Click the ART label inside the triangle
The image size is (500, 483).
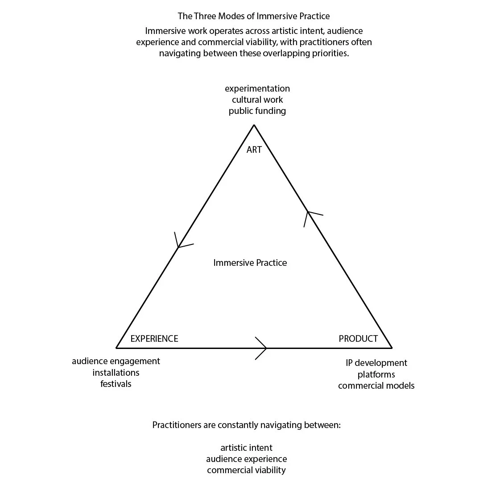(254, 150)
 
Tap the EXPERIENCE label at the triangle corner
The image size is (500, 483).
(154, 339)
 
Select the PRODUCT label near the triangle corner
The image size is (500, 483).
(358, 339)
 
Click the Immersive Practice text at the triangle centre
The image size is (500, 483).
(250, 263)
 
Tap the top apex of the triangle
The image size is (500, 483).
(254, 125)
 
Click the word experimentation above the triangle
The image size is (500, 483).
(257, 88)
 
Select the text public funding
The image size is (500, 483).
(257, 111)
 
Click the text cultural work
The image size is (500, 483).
(257, 100)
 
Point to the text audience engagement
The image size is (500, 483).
(116, 361)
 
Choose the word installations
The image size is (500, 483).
(116, 373)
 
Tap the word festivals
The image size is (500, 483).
(116, 384)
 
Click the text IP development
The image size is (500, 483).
(376, 363)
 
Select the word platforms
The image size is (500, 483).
(376, 374)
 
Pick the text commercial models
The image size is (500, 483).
(376, 386)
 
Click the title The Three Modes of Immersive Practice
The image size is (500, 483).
(254, 16)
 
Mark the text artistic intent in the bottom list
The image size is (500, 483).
(247, 448)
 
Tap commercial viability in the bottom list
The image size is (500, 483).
(247, 470)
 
